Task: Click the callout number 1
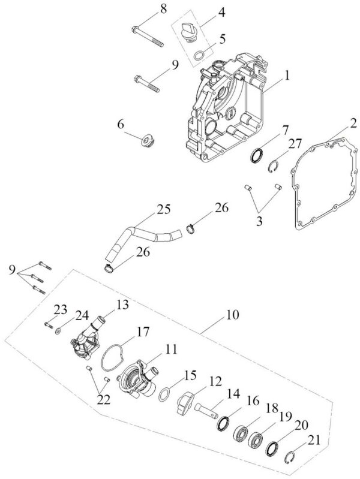tap(286, 75)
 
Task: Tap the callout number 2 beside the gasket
tap(353, 123)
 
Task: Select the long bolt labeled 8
tap(148, 37)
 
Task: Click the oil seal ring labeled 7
tap(256, 155)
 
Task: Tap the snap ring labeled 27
tap(274, 166)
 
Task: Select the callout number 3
tap(259, 221)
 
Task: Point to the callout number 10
tap(233, 315)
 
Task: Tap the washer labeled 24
tap(58, 331)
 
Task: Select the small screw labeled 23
tap(49, 325)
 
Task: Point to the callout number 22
tap(103, 399)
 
